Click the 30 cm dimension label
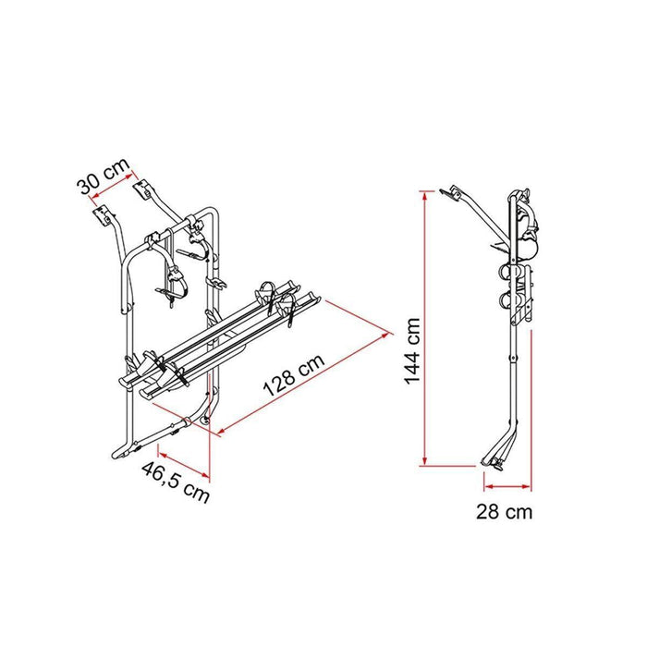102,175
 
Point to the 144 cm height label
411,351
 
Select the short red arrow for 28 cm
507,484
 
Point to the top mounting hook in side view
453,194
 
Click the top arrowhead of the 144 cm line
423,193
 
